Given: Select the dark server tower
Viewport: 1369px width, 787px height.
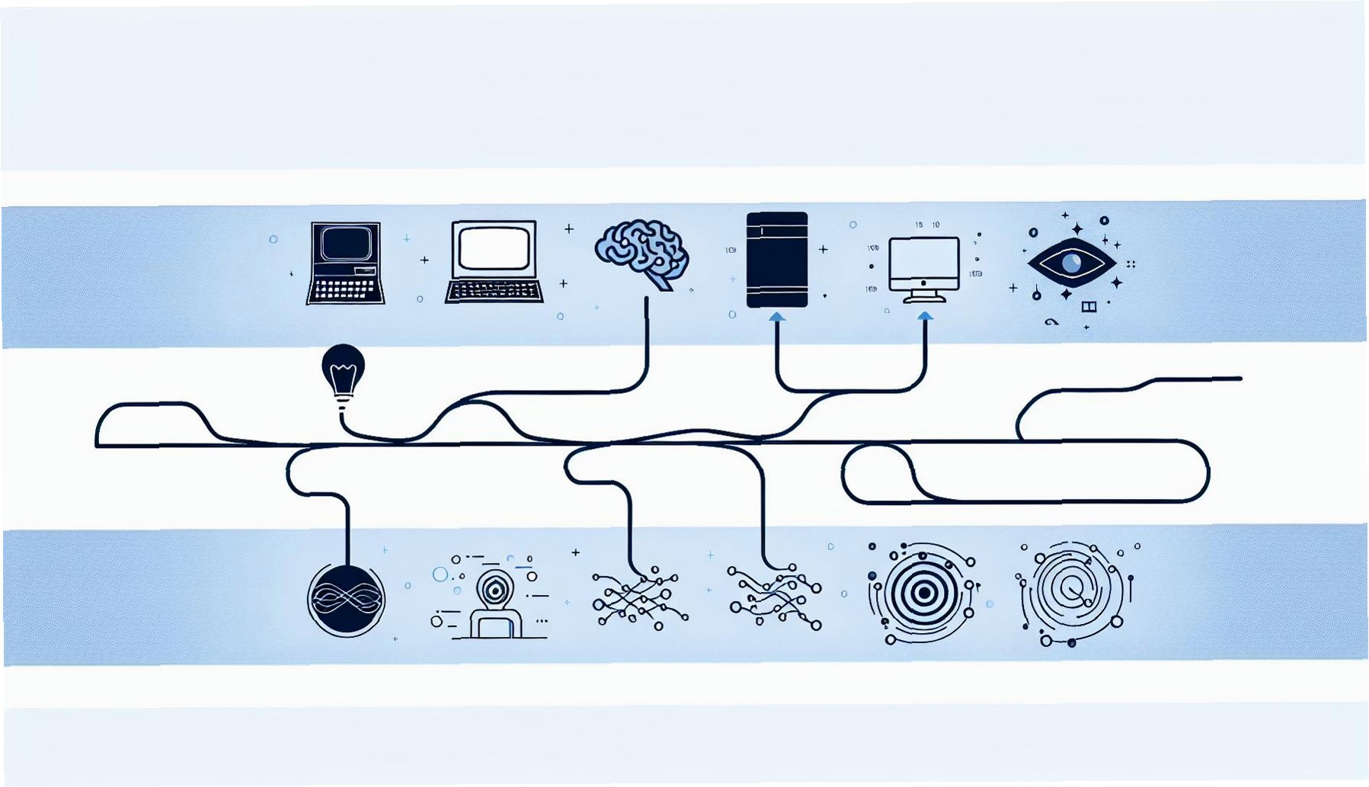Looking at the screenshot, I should (x=776, y=260).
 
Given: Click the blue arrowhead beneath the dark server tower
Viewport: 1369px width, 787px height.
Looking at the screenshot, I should (x=776, y=316).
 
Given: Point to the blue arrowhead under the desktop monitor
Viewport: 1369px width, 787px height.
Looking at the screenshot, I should (x=925, y=315).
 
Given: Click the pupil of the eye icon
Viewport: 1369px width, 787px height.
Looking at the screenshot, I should (x=1071, y=264).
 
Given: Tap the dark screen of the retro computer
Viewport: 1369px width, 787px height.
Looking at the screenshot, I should (x=346, y=245).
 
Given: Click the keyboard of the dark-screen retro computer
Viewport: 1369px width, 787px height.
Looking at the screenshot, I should (x=345, y=290).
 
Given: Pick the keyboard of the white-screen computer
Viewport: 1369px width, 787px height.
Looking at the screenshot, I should (x=494, y=291).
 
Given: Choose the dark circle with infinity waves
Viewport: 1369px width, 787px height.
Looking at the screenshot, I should (x=346, y=600).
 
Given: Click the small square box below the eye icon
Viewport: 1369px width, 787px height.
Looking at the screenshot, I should (x=1089, y=306).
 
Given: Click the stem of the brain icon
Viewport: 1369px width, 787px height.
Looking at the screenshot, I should (x=659, y=283).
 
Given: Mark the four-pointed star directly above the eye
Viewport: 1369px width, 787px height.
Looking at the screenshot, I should (x=1077, y=229).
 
